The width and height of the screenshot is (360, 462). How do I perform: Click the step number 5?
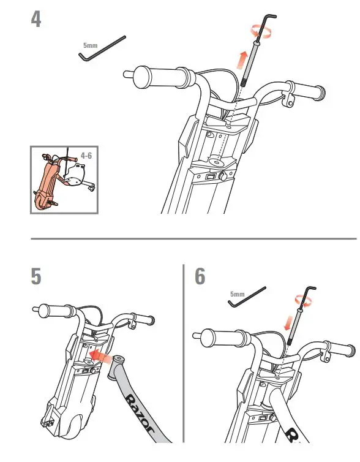pyautogui.click(x=37, y=276)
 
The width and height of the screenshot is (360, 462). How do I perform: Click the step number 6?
pyautogui.click(x=200, y=276)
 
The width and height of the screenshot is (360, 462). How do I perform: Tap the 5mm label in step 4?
pyautogui.click(x=89, y=45)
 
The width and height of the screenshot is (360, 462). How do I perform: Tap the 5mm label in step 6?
pyautogui.click(x=237, y=294)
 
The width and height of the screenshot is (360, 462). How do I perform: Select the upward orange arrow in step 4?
pyautogui.click(x=242, y=61)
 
